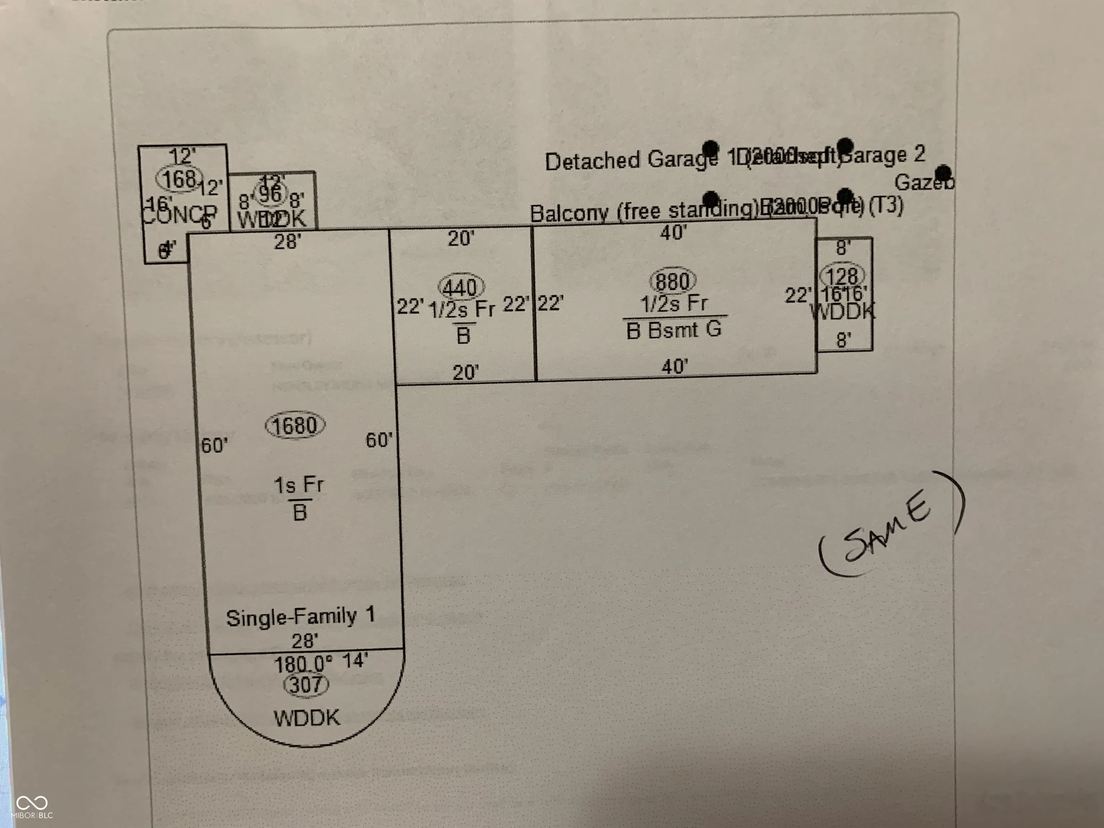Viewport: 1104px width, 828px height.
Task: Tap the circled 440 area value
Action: [461, 288]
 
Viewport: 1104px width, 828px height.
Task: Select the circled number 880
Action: [673, 281]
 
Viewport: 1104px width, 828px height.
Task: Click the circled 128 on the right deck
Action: [842, 276]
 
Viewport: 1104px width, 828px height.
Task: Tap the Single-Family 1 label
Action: [300, 617]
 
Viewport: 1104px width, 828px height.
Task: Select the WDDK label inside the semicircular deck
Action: [307, 718]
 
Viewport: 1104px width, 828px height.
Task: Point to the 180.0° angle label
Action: [303, 664]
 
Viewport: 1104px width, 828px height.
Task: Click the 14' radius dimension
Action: [355, 660]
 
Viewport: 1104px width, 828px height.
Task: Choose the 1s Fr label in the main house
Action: [298, 484]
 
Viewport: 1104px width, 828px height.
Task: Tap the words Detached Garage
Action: [631, 160]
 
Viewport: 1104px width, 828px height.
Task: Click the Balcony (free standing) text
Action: [644, 212]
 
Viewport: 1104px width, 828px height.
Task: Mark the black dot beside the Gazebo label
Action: [944, 173]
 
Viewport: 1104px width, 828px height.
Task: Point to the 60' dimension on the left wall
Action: [215, 445]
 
